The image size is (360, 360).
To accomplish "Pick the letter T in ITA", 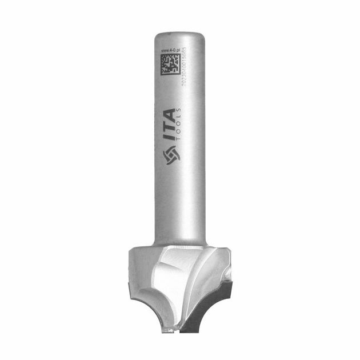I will (170, 129).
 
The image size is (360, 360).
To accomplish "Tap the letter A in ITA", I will (170, 114).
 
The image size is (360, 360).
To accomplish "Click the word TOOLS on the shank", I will (181, 125).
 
